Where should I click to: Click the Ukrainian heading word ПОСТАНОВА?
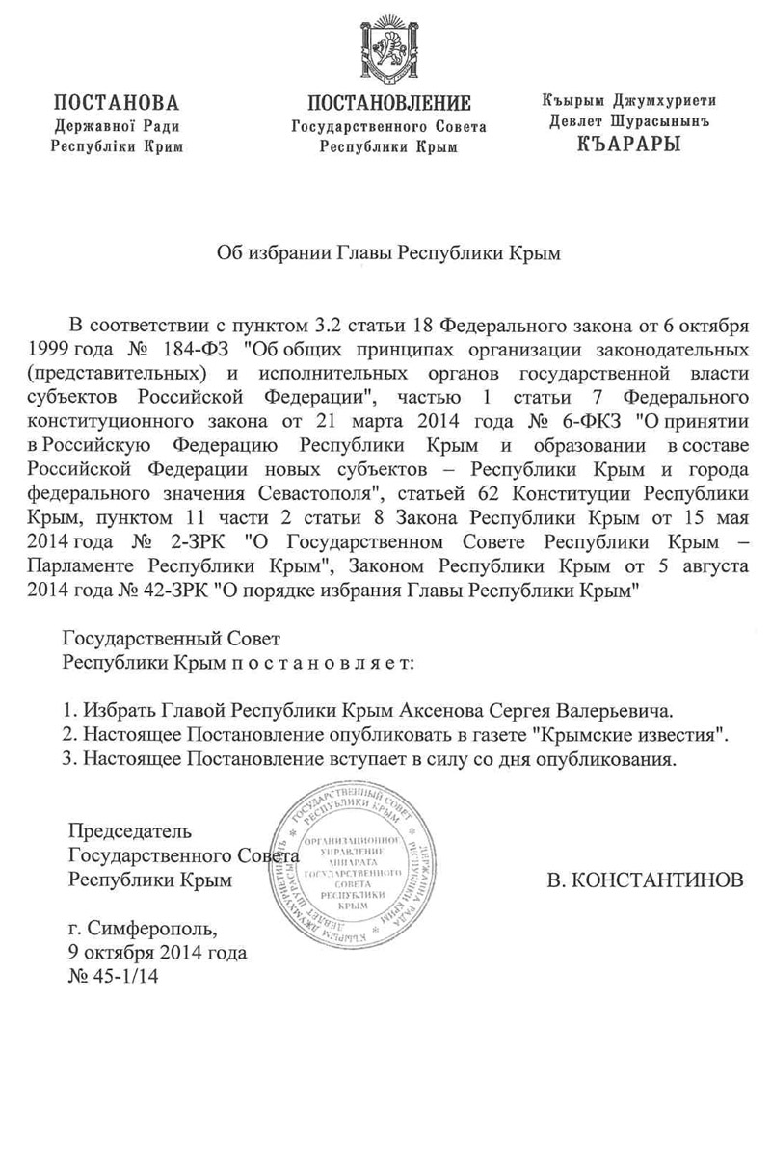tap(117, 103)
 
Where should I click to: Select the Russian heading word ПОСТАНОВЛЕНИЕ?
tap(388, 103)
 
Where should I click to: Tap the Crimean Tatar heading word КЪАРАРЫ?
tap(627, 145)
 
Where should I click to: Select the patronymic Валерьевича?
tap(612, 712)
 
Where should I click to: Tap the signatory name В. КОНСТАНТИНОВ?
tap(644, 880)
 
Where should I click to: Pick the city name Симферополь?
tap(153, 930)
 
